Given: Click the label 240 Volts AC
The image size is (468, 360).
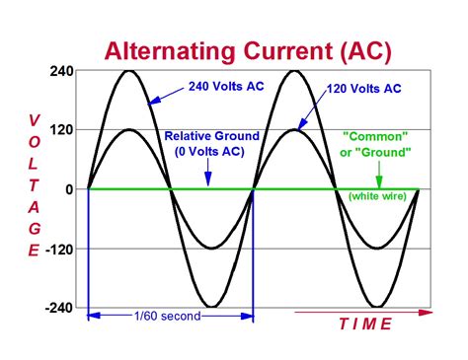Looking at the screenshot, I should point(224,85).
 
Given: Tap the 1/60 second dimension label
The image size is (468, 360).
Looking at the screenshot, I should point(167,316).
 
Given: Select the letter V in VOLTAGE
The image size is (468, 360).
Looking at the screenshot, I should point(35,119).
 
